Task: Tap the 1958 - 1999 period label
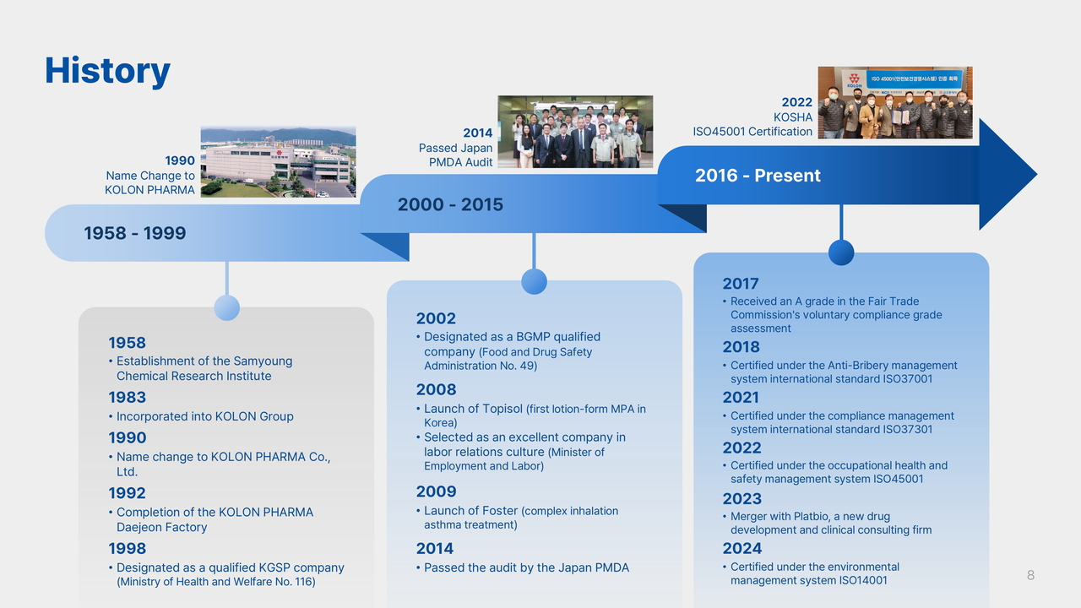[134, 233]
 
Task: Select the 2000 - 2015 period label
[450, 204]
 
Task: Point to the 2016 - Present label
[758, 176]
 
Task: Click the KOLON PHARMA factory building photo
[279, 161]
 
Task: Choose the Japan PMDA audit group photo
[575, 132]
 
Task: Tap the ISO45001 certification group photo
[895, 103]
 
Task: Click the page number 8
[1030, 575]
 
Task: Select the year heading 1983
[127, 397]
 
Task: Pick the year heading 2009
[437, 491]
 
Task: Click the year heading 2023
[741, 498]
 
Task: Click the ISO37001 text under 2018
[908, 379]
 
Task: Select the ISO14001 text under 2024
[863, 580]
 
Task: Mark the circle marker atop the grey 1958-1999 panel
[227, 308]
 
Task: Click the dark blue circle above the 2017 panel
[841, 252]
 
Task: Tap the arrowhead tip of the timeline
[1035, 174]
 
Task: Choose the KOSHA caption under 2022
[793, 117]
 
